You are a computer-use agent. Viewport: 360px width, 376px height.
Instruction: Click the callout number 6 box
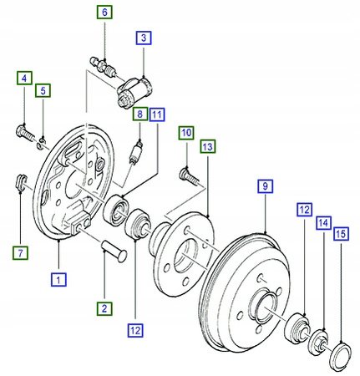[x=105, y=13]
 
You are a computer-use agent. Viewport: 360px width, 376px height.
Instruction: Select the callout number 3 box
[x=144, y=38]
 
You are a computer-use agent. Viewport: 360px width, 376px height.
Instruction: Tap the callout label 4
[x=23, y=79]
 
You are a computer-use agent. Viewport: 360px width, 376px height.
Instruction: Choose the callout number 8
[x=139, y=112]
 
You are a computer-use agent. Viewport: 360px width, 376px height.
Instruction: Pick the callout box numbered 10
[x=185, y=133]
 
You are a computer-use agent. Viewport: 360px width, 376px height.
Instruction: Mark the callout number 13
[x=208, y=147]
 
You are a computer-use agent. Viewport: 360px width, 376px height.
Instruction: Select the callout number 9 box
[x=264, y=186]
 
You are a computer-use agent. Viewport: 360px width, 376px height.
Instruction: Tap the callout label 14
[x=323, y=223]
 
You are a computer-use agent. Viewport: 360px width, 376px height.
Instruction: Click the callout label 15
[x=340, y=236]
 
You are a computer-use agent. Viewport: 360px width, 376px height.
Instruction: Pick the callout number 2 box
[x=105, y=309]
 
